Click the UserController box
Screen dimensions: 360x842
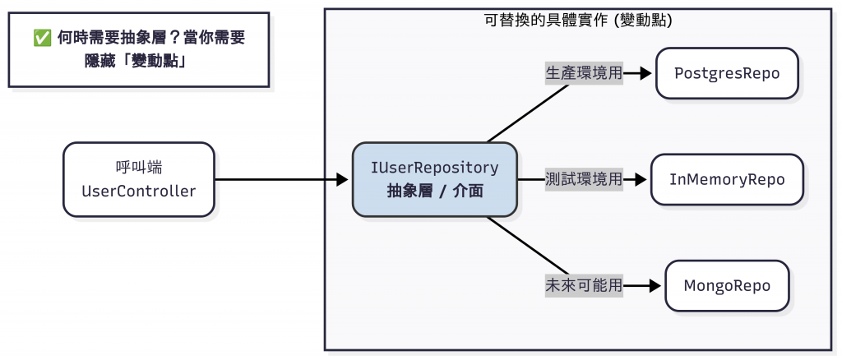(138, 179)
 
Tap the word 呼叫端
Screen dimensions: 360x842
(138, 168)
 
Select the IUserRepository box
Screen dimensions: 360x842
(434, 179)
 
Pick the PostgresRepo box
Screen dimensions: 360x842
(727, 73)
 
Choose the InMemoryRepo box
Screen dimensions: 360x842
(727, 179)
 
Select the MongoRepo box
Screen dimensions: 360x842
(727, 286)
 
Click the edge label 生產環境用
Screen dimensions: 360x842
(584, 73)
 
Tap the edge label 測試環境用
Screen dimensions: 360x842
(584, 179)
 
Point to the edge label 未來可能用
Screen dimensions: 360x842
(584, 286)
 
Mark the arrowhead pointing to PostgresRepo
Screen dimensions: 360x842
(647, 73)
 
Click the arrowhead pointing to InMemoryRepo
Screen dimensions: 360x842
(642, 179)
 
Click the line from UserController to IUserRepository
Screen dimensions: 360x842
(275, 179)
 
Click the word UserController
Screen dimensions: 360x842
(138, 192)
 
